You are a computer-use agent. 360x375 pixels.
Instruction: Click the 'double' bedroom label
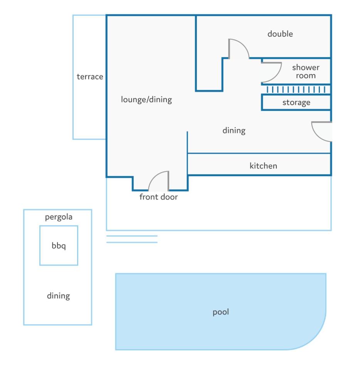coord(280,34)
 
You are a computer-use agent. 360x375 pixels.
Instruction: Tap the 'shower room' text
coord(306,72)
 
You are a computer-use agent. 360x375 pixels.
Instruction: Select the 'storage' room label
coord(296,103)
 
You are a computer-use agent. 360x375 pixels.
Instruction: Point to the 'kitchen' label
coord(263,166)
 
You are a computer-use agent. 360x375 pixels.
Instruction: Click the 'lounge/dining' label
coord(146,99)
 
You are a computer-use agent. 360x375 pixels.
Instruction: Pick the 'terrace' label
coord(90,77)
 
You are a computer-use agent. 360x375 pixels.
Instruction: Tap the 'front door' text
coord(158,197)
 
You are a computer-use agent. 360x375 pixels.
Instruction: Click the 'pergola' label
coord(59,217)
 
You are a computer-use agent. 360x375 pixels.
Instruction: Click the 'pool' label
coord(221,312)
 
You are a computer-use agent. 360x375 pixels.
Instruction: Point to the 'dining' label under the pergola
coord(58,296)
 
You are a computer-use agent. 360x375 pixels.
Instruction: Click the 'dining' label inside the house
coord(234,131)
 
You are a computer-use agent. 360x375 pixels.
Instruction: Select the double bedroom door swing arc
coord(244,45)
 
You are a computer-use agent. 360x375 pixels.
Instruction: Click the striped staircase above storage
coord(296,90)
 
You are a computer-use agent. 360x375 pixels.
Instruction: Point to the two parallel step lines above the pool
coord(132,239)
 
